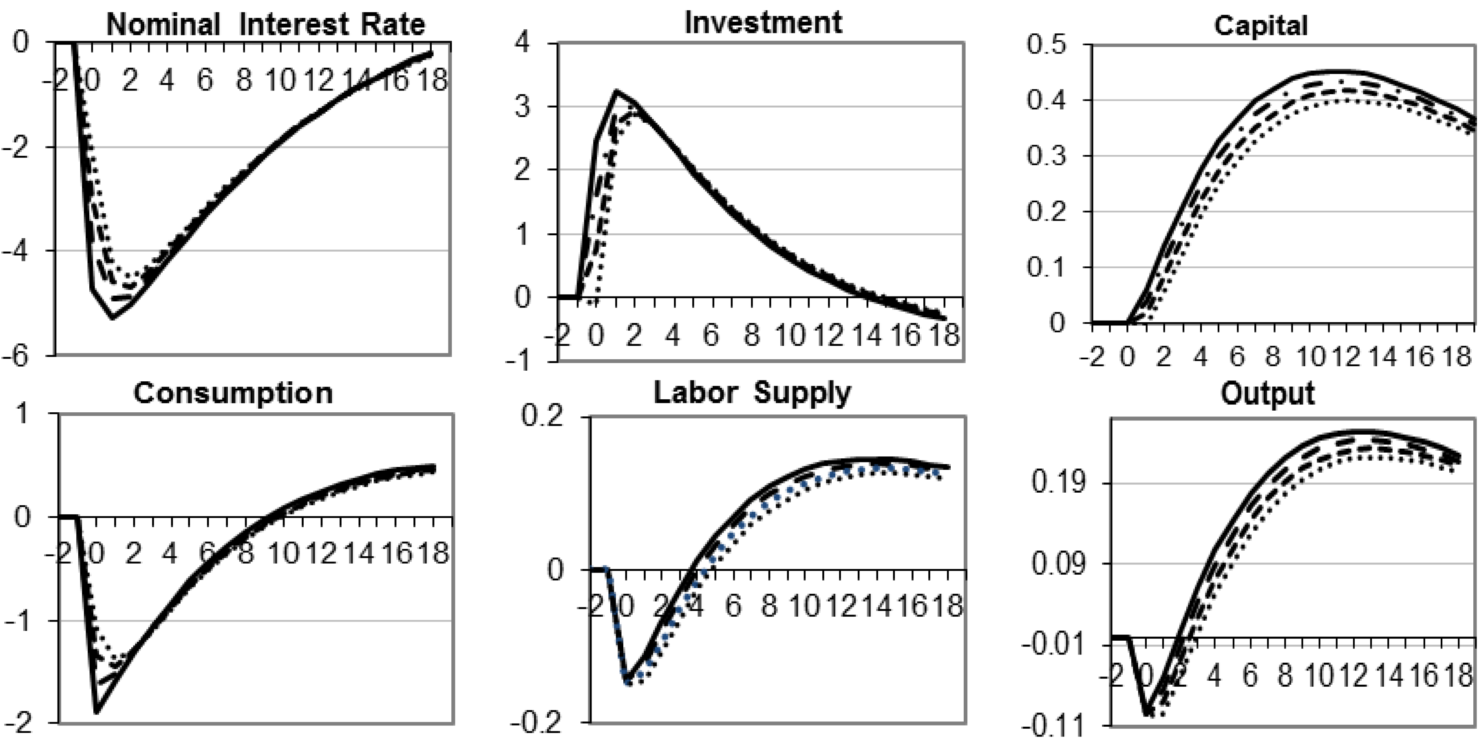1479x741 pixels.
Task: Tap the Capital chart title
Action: tap(1261, 26)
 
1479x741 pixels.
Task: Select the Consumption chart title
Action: tap(233, 394)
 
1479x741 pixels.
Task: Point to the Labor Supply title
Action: tap(752, 394)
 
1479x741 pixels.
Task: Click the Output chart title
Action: tap(1267, 394)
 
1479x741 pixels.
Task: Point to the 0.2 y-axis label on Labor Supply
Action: tap(541, 416)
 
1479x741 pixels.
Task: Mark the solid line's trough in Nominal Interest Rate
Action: tap(113, 318)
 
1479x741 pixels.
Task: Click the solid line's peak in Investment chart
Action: tap(616, 91)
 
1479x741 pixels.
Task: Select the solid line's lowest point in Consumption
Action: tap(97, 713)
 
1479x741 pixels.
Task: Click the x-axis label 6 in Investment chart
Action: tap(711, 335)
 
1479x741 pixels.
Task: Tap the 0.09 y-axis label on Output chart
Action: tap(1058, 564)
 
